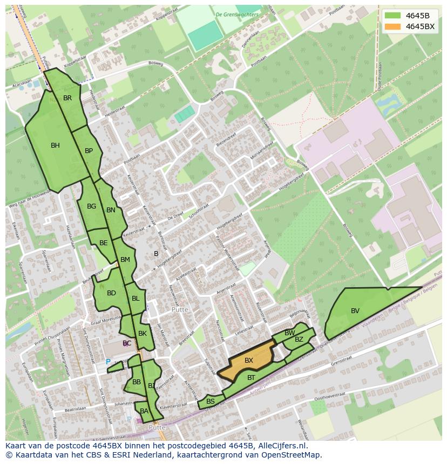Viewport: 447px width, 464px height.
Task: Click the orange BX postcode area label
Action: point(249,360)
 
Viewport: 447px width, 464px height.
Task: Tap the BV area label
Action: point(355,310)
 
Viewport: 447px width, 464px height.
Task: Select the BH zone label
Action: point(55,145)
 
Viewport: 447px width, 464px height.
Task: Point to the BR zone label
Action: point(67,98)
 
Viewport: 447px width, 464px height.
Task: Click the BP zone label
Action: point(89,151)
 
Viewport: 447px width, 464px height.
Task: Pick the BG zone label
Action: point(91,206)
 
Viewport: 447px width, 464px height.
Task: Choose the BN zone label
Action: point(111,210)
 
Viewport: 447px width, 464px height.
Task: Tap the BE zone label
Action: point(104,243)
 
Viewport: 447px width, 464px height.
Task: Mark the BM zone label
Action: point(125,260)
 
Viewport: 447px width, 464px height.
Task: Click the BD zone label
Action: point(111,293)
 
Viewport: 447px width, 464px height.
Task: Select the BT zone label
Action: point(251,378)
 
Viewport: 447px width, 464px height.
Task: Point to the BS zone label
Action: point(211,401)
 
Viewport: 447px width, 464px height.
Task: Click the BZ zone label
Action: point(299,340)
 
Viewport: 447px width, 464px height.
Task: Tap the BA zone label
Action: point(144,411)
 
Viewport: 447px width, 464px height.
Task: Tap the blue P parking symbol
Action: point(108,362)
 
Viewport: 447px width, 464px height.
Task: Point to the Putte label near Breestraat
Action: point(179,310)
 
